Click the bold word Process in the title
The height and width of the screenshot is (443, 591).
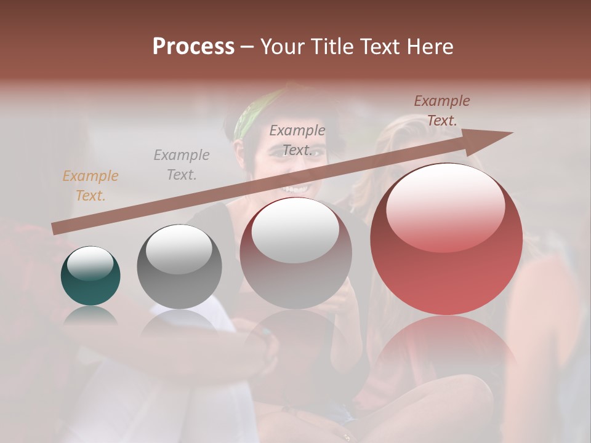click(x=193, y=47)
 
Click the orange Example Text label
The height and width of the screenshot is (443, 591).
click(x=90, y=186)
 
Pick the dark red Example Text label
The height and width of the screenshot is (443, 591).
click(x=441, y=111)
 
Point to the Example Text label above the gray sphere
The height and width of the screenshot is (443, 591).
click(x=182, y=164)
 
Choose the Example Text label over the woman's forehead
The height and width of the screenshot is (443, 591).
click(x=297, y=140)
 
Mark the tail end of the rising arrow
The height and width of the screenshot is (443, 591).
click(x=54, y=228)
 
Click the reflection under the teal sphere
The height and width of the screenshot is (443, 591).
click(x=90, y=316)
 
